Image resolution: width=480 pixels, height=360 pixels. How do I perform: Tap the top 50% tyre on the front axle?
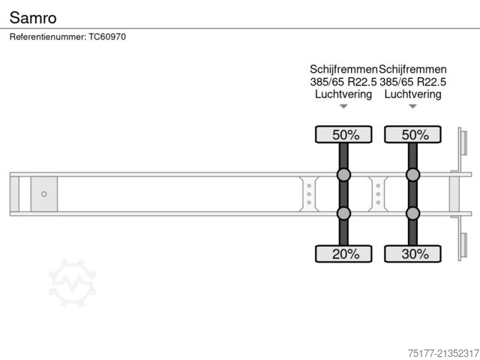click(x=343, y=135)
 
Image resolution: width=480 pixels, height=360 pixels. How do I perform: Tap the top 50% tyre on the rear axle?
click(x=412, y=135)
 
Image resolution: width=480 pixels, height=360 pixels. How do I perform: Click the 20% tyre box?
click(x=343, y=253)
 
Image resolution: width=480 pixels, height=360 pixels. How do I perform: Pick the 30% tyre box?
click(x=412, y=253)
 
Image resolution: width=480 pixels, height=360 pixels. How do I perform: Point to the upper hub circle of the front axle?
click(x=343, y=175)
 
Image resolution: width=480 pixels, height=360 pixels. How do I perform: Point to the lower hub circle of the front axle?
click(x=343, y=214)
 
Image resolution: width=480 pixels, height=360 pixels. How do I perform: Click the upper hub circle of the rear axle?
click(x=412, y=175)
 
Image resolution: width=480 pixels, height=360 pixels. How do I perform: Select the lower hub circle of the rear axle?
click(x=412, y=214)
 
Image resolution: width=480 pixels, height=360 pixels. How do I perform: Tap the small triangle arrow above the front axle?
click(x=343, y=106)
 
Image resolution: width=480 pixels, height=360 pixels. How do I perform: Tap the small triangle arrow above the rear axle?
click(x=412, y=106)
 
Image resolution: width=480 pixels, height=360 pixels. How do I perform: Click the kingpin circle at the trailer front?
click(x=43, y=194)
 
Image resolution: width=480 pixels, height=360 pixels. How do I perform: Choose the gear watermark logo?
click(x=73, y=283)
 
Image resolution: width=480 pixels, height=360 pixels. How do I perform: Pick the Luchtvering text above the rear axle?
click(x=412, y=94)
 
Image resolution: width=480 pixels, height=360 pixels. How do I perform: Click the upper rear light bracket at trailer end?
click(x=463, y=144)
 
